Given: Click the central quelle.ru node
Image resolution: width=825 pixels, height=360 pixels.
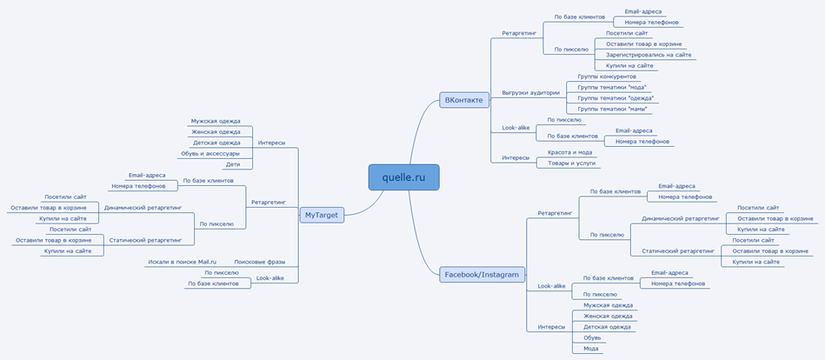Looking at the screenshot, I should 403,177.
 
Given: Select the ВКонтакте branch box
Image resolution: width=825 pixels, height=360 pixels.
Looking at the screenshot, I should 463,100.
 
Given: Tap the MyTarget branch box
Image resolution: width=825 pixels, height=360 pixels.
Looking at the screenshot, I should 322,214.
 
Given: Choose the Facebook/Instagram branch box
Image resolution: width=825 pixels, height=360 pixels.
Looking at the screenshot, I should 482,274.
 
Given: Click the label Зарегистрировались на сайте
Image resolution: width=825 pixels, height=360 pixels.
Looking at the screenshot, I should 649,55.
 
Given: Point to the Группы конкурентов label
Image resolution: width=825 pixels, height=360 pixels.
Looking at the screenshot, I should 607,77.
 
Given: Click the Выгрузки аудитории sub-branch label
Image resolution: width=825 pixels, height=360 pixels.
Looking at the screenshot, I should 530,92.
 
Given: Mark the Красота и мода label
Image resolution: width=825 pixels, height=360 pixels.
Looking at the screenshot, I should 569,152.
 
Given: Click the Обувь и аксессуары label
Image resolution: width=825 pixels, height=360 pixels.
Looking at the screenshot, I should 210,153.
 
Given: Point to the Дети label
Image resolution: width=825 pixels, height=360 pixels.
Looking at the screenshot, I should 233,163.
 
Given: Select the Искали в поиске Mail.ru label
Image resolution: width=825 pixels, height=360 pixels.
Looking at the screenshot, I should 182,261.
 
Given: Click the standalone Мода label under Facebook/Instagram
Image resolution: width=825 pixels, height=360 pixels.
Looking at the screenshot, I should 592,348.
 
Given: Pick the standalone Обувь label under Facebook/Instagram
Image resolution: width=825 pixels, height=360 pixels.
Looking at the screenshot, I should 592,337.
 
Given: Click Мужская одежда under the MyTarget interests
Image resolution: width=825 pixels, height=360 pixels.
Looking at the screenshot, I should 216,121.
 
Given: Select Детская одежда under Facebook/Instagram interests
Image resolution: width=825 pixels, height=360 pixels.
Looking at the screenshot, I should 608,327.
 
